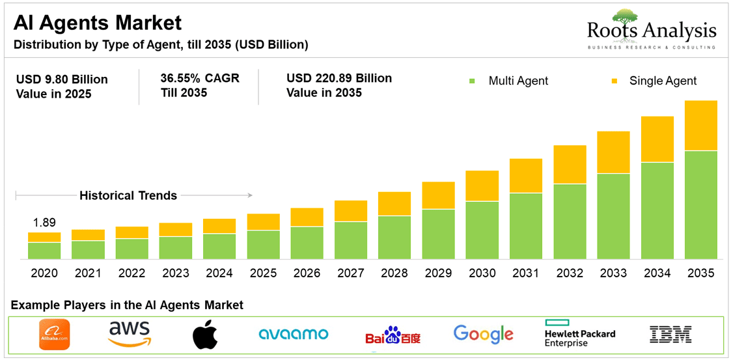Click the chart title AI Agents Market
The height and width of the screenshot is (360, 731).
(x=98, y=23)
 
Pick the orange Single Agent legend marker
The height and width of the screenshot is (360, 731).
(x=613, y=81)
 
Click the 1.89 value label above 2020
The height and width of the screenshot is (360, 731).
(x=44, y=223)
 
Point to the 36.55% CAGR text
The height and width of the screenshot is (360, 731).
(x=200, y=79)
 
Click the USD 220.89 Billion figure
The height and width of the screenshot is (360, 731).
(x=339, y=79)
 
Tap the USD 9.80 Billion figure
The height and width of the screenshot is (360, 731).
(x=62, y=79)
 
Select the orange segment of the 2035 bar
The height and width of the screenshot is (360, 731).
(x=700, y=126)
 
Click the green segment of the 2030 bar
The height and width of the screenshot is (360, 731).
(x=482, y=230)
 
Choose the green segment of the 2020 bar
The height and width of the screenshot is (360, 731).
(x=44, y=251)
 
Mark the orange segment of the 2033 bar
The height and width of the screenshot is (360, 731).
(x=614, y=152)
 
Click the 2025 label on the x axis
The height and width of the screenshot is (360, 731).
(x=263, y=273)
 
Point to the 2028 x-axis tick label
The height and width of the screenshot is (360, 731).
(x=394, y=273)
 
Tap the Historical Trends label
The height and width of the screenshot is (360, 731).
(x=128, y=195)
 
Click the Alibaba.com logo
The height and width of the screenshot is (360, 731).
(x=54, y=335)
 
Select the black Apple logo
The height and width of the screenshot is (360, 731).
(x=206, y=335)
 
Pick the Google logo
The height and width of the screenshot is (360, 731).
(x=484, y=335)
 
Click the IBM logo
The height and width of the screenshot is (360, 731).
(x=670, y=335)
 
